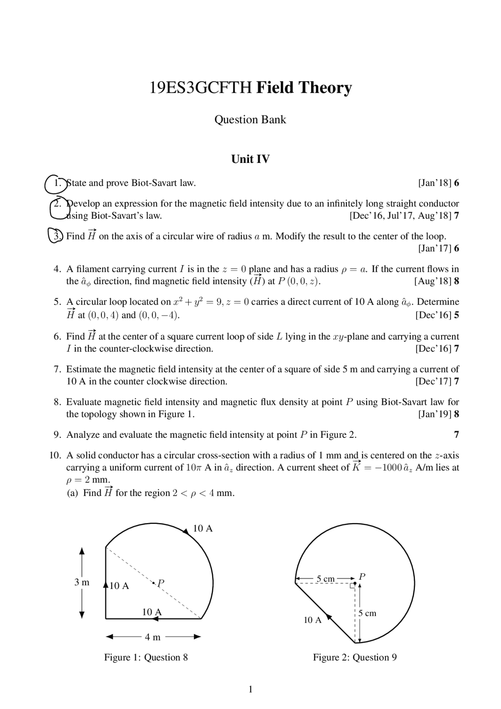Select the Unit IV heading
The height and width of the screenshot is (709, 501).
pos(250,159)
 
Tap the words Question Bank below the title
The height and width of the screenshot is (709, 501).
pos(250,120)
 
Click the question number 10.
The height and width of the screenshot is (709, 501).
pos(55,455)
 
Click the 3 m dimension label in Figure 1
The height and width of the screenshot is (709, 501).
pos(82,583)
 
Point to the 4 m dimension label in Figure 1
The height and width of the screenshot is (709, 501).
pos(153,637)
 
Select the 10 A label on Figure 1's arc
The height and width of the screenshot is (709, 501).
pos(203,529)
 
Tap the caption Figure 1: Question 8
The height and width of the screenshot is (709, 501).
pos(146,657)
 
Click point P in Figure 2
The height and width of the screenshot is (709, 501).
pos(355,583)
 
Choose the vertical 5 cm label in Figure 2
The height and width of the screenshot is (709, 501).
pos(367,613)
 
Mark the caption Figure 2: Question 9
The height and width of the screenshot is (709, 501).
pos(355,657)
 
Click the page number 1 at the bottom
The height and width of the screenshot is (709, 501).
pos(250,689)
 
